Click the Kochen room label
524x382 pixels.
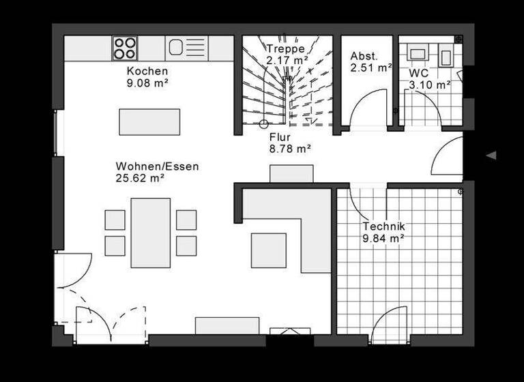(x=147, y=72)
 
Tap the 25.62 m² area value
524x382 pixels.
(x=141, y=179)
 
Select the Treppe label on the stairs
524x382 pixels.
(x=285, y=49)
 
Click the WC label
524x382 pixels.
(x=419, y=72)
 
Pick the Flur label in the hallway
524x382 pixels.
(x=280, y=136)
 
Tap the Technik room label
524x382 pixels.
(x=384, y=226)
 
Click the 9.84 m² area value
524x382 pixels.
(x=384, y=238)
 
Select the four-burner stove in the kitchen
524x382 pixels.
(x=125, y=48)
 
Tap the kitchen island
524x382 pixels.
(x=149, y=122)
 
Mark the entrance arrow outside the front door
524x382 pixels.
(x=491, y=156)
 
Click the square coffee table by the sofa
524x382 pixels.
(x=269, y=250)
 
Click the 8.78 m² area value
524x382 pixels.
(x=291, y=148)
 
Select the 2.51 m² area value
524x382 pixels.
(x=371, y=68)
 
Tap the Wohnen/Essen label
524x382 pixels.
(x=157, y=166)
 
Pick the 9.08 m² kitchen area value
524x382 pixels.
(x=147, y=83)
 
